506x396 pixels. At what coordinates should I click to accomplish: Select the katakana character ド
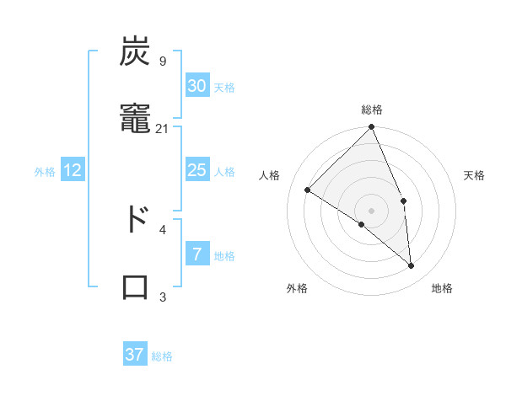135,219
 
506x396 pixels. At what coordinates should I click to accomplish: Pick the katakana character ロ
135,286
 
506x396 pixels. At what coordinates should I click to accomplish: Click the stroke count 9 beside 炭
162,61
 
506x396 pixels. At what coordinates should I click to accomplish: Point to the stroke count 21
162,128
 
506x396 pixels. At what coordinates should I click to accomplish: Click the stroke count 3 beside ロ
163,297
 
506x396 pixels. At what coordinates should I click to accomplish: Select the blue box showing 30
196,86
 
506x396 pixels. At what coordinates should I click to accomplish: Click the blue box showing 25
196,170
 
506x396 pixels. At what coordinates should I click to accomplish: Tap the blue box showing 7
196,254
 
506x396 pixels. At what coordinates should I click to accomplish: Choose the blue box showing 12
73,170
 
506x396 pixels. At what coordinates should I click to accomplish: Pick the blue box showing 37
135,355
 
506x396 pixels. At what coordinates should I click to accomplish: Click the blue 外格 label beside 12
45,172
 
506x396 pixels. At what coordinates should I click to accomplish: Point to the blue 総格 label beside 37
162,356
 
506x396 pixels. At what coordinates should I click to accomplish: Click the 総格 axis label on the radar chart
372,110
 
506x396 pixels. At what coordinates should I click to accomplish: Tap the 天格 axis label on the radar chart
474,175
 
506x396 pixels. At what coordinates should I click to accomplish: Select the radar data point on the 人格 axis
308,190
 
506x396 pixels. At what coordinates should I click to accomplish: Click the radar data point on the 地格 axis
411,265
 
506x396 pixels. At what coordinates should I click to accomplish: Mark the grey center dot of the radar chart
371,210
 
